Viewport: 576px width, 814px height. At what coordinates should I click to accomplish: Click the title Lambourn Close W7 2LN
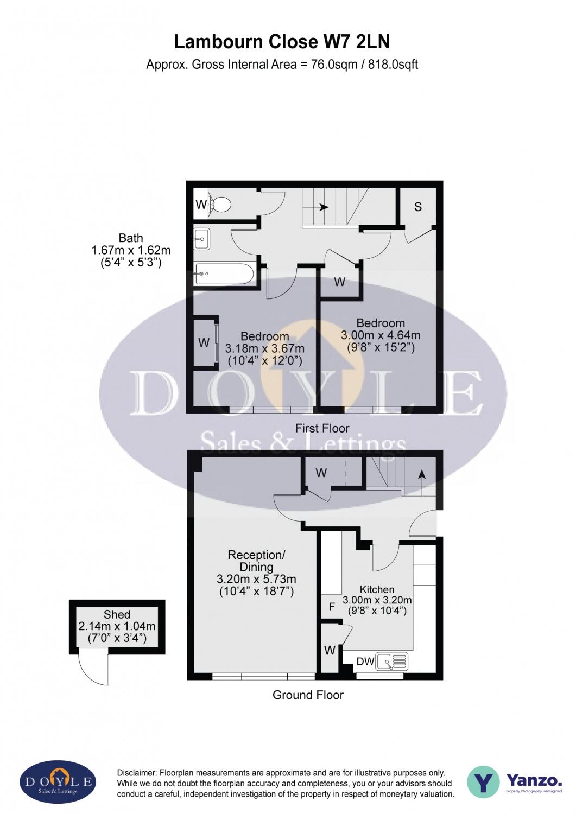(282, 42)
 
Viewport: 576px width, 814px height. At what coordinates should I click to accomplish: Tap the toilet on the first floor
(220, 205)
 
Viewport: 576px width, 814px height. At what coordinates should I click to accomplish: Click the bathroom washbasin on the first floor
(202, 238)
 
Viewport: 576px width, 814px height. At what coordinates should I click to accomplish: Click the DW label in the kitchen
(365, 662)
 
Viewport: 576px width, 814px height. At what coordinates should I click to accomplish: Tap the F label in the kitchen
(332, 607)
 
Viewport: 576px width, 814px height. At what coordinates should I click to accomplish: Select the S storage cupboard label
(417, 207)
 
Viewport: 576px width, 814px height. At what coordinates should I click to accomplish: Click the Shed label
(117, 614)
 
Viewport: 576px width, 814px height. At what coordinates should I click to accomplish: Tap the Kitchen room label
(377, 589)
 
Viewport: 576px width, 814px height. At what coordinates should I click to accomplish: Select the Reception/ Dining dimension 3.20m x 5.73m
(256, 579)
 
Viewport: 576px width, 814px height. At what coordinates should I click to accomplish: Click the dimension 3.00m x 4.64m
(381, 335)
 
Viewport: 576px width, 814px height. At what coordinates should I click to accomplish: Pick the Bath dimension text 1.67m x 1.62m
(131, 250)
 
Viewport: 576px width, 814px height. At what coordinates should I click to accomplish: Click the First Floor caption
(322, 428)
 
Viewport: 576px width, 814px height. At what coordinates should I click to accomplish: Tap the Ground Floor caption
(308, 695)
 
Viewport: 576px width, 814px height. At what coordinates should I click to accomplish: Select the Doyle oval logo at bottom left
(58, 782)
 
